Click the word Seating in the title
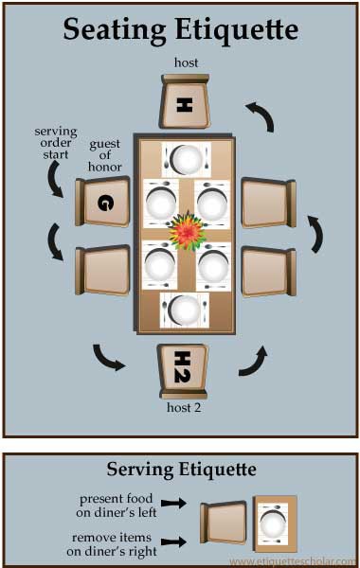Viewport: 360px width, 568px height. click(115, 30)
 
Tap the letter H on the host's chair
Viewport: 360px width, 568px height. click(184, 105)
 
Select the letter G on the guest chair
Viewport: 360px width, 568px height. click(105, 203)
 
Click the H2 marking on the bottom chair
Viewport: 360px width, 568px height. click(182, 366)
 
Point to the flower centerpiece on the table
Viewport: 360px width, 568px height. click(187, 231)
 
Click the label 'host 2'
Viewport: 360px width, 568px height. click(184, 407)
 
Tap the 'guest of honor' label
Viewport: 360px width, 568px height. click(105, 155)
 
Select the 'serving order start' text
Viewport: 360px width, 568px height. click(56, 143)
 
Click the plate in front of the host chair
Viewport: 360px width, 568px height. click(187, 160)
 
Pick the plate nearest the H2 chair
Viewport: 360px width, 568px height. click(184, 311)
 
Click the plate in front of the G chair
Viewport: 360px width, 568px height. click(161, 204)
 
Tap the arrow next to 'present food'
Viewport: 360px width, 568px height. click(173, 503)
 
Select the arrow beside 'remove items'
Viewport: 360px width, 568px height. click(173, 541)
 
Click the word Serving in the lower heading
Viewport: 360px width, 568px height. click(140, 470)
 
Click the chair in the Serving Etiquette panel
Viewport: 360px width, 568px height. click(223, 523)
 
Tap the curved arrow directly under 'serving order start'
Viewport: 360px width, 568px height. click(56, 179)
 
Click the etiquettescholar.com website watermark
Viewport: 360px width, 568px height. click(293, 561)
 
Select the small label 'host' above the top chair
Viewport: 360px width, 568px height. click(186, 62)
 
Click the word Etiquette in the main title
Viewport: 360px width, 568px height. click(237, 29)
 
